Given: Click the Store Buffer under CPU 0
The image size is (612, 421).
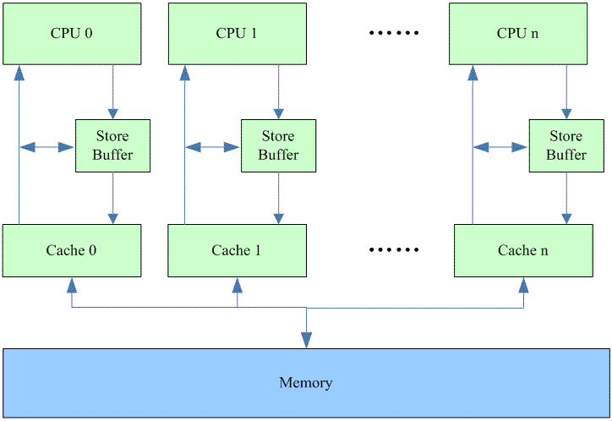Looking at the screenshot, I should click(113, 145).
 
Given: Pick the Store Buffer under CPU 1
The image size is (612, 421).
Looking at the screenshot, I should click(278, 145).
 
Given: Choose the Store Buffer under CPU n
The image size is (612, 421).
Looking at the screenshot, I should click(566, 145).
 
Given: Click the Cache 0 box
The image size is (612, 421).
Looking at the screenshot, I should click(72, 250).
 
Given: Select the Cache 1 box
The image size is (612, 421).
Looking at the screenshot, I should click(238, 250).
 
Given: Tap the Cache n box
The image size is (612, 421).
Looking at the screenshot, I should click(522, 250).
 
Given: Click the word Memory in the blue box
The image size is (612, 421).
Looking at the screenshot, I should click(306, 383).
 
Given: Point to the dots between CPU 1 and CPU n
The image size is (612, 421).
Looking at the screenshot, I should click(394, 34).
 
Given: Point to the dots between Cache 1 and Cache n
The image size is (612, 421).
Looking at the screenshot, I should click(394, 250).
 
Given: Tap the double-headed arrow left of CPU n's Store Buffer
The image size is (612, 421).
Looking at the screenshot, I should click(500, 147).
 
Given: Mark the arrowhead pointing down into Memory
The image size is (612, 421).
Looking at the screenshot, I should click(306, 340).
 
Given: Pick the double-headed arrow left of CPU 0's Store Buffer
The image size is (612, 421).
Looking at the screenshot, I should click(47, 147).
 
